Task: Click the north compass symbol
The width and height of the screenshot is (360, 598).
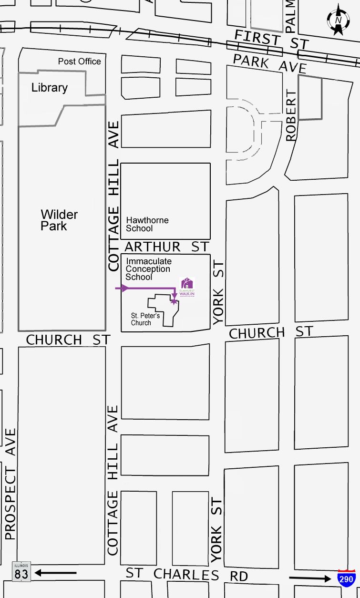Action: tap(338, 20)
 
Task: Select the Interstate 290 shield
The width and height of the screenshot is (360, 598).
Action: tap(346, 577)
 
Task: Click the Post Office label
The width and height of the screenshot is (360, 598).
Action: tap(80, 62)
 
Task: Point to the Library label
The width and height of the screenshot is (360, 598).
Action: tap(50, 88)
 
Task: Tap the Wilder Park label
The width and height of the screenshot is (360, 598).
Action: tap(59, 220)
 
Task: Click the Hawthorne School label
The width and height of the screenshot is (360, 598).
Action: tap(147, 224)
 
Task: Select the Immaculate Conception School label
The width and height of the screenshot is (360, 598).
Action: tap(148, 269)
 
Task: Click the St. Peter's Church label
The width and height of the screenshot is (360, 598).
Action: tap(145, 319)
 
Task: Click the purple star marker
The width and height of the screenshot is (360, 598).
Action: tap(174, 301)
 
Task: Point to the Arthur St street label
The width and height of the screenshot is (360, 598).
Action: tap(166, 247)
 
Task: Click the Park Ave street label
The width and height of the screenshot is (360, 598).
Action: tap(270, 63)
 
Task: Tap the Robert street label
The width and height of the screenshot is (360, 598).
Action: tap(291, 115)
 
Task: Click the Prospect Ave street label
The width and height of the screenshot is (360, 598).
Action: tap(10, 484)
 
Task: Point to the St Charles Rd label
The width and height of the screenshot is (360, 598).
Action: tap(187, 575)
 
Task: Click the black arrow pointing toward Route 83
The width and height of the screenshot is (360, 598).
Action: tap(56, 572)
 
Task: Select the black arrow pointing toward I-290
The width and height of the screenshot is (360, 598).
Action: tap(310, 578)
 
